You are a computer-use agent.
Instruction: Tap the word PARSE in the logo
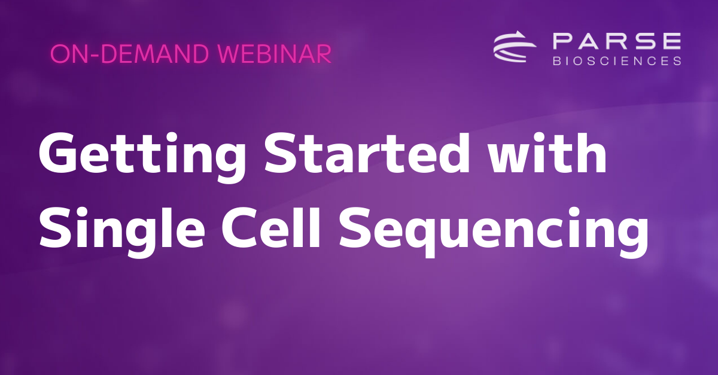616,42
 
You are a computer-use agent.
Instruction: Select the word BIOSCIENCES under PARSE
616,60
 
